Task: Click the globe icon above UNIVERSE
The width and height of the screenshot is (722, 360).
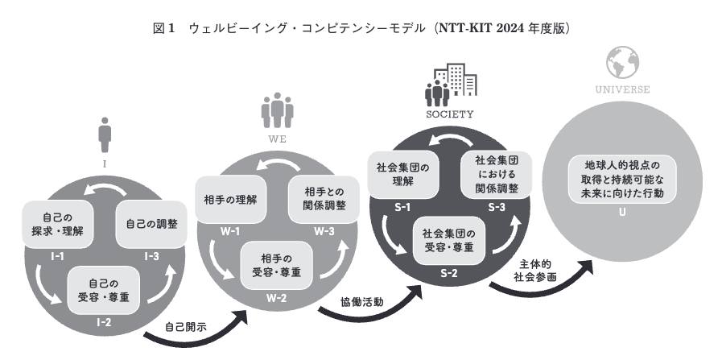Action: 622,63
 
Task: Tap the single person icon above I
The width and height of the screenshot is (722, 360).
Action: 105,134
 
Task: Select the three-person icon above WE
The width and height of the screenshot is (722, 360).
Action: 277,110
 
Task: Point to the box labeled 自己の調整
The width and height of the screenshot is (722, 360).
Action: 151,225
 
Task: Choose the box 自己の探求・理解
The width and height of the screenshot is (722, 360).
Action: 58,225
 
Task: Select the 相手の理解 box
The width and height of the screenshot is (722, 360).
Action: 231,200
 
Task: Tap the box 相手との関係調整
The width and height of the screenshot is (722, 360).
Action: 324,200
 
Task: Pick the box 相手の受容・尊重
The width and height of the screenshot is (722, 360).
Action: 276,266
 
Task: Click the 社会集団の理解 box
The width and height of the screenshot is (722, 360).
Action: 403,175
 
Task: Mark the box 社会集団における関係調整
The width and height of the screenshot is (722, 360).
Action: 497,175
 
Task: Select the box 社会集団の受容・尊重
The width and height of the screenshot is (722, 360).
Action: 448,241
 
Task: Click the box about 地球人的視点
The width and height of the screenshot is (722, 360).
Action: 622,179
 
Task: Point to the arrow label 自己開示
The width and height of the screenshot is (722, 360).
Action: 186,327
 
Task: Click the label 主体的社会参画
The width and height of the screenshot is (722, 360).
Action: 534,271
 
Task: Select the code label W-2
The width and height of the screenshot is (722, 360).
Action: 276,298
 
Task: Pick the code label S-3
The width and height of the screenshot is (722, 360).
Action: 497,207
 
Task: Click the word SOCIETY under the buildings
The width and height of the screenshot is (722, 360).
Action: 449,114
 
